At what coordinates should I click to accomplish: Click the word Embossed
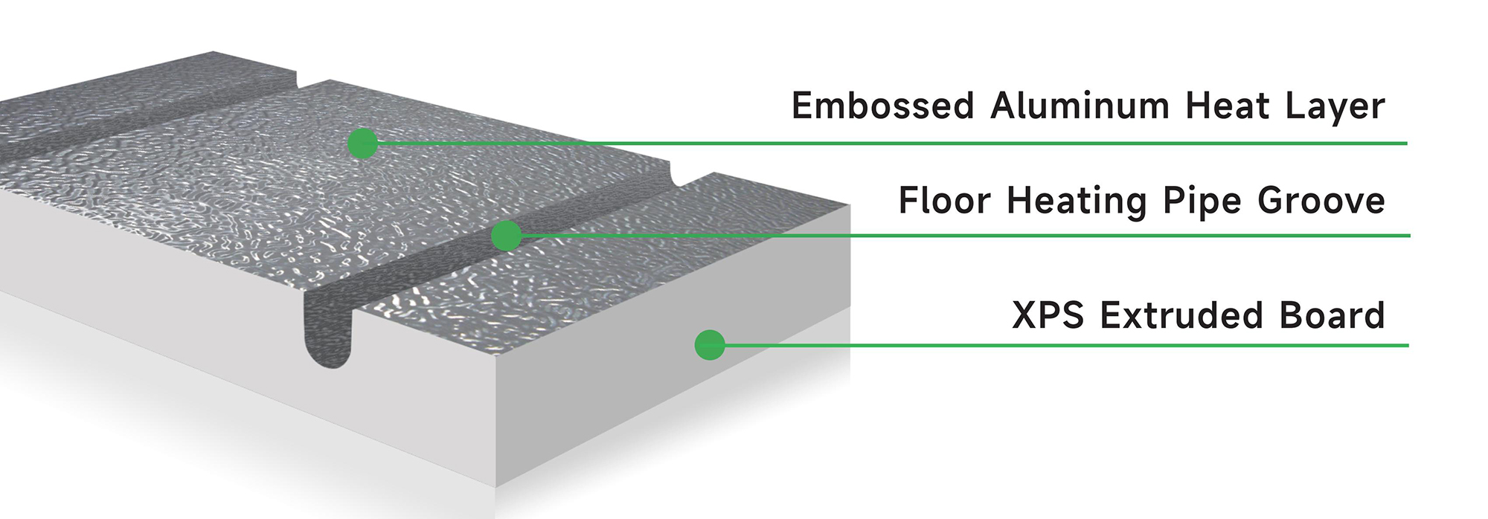(x=882, y=106)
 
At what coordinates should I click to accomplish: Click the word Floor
(x=945, y=201)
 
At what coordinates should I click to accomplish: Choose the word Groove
(x=1321, y=201)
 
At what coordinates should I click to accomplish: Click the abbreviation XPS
(x=1048, y=315)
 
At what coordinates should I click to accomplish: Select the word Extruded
(x=1182, y=315)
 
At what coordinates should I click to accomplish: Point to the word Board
(x=1333, y=315)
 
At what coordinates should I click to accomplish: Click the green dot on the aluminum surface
(x=363, y=143)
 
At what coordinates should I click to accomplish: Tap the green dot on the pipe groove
(x=507, y=236)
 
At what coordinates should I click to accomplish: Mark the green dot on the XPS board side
(x=710, y=345)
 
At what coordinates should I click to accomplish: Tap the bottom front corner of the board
(x=496, y=486)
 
